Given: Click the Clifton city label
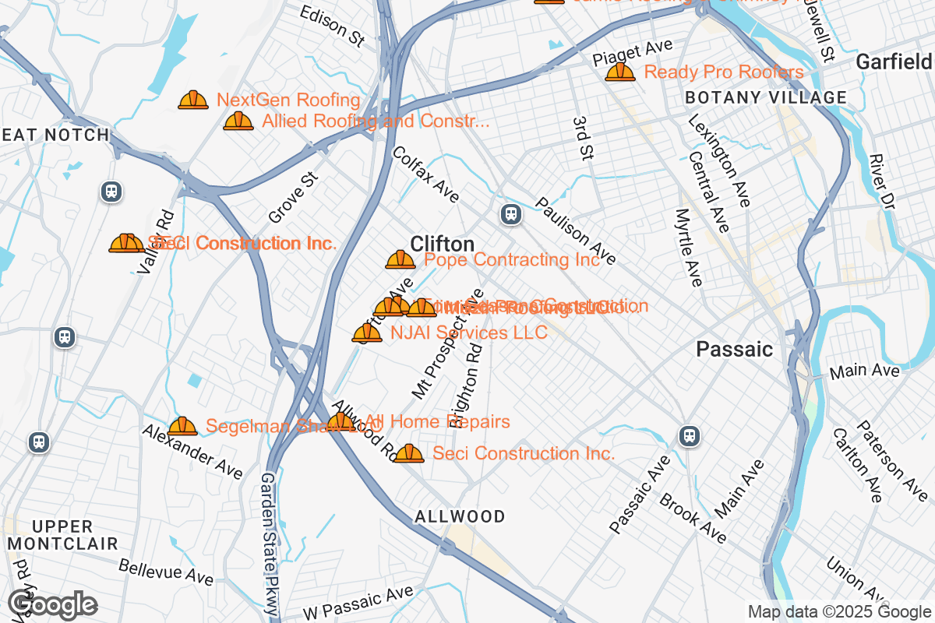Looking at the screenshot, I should [x=442, y=243].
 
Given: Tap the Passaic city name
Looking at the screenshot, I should [x=734, y=349].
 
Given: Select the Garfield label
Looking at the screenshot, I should [x=893, y=62].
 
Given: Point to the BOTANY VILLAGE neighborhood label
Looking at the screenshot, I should [x=765, y=97].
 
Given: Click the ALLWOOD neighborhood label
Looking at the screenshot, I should [x=460, y=516].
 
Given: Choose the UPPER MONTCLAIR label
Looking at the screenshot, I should [x=62, y=535].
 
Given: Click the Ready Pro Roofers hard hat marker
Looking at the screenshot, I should [x=620, y=72].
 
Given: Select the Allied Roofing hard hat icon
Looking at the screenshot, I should [x=238, y=121].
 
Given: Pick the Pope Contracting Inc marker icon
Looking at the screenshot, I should [x=400, y=259].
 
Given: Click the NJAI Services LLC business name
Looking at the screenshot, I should [x=468, y=333].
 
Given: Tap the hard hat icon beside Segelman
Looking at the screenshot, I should [x=182, y=426].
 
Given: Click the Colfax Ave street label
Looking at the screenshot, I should [x=425, y=174].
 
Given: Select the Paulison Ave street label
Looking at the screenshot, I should [x=575, y=231].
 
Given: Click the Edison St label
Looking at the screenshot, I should [x=332, y=26].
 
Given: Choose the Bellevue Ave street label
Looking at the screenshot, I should [x=166, y=572].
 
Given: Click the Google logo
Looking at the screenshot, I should [x=53, y=604].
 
